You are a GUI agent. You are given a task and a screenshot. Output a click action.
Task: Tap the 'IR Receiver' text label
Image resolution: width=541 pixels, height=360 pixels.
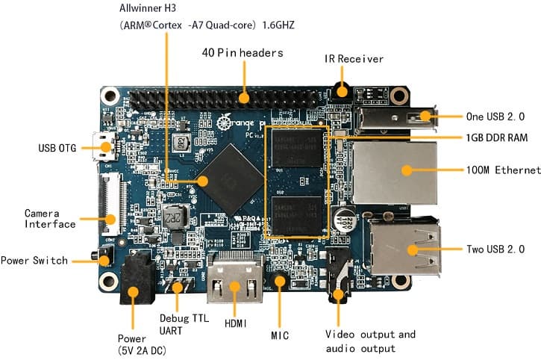click(x=354, y=58)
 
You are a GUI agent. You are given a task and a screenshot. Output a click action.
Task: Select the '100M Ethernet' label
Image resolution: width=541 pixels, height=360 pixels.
click(x=501, y=170)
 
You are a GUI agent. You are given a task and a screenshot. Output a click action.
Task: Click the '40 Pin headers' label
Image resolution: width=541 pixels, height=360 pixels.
click(x=243, y=53)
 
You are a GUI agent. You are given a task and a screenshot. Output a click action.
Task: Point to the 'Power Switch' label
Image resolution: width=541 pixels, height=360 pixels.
click(x=34, y=261)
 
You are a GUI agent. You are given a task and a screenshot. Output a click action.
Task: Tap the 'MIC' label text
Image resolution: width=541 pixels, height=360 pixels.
click(x=280, y=335)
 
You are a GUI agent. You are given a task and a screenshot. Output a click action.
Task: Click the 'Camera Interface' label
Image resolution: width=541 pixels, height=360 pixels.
click(x=50, y=218)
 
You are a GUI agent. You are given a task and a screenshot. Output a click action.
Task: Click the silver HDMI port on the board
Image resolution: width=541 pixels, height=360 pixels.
click(x=234, y=284)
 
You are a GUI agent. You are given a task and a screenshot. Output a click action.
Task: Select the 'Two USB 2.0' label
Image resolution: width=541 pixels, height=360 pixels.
click(x=495, y=249)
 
